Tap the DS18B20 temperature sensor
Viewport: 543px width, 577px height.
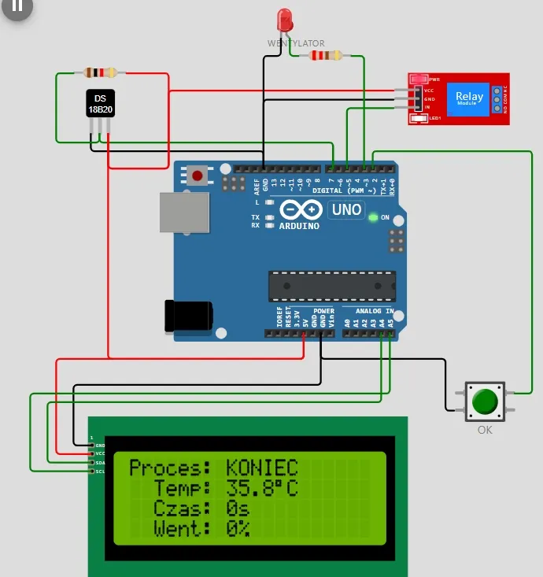[100, 103]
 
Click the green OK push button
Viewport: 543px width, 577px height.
[484, 402]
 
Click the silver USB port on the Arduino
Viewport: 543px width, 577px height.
[185, 213]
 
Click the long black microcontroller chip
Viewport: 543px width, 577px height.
[330, 287]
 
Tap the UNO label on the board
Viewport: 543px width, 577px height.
[346, 209]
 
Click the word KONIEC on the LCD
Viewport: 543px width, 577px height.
[262, 468]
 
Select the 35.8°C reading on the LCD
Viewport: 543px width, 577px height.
[262, 488]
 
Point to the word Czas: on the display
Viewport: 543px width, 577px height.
[182, 509]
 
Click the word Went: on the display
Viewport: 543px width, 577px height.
[182, 528]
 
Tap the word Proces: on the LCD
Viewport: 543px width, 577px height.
[170, 468]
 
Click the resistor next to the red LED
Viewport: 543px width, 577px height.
[326, 55]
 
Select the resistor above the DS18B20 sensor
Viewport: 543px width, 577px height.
[100, 73]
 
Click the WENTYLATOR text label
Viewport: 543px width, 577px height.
[295, 43]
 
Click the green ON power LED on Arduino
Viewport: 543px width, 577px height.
[373, 217]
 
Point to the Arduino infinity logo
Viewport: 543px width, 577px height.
[300, 210]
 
